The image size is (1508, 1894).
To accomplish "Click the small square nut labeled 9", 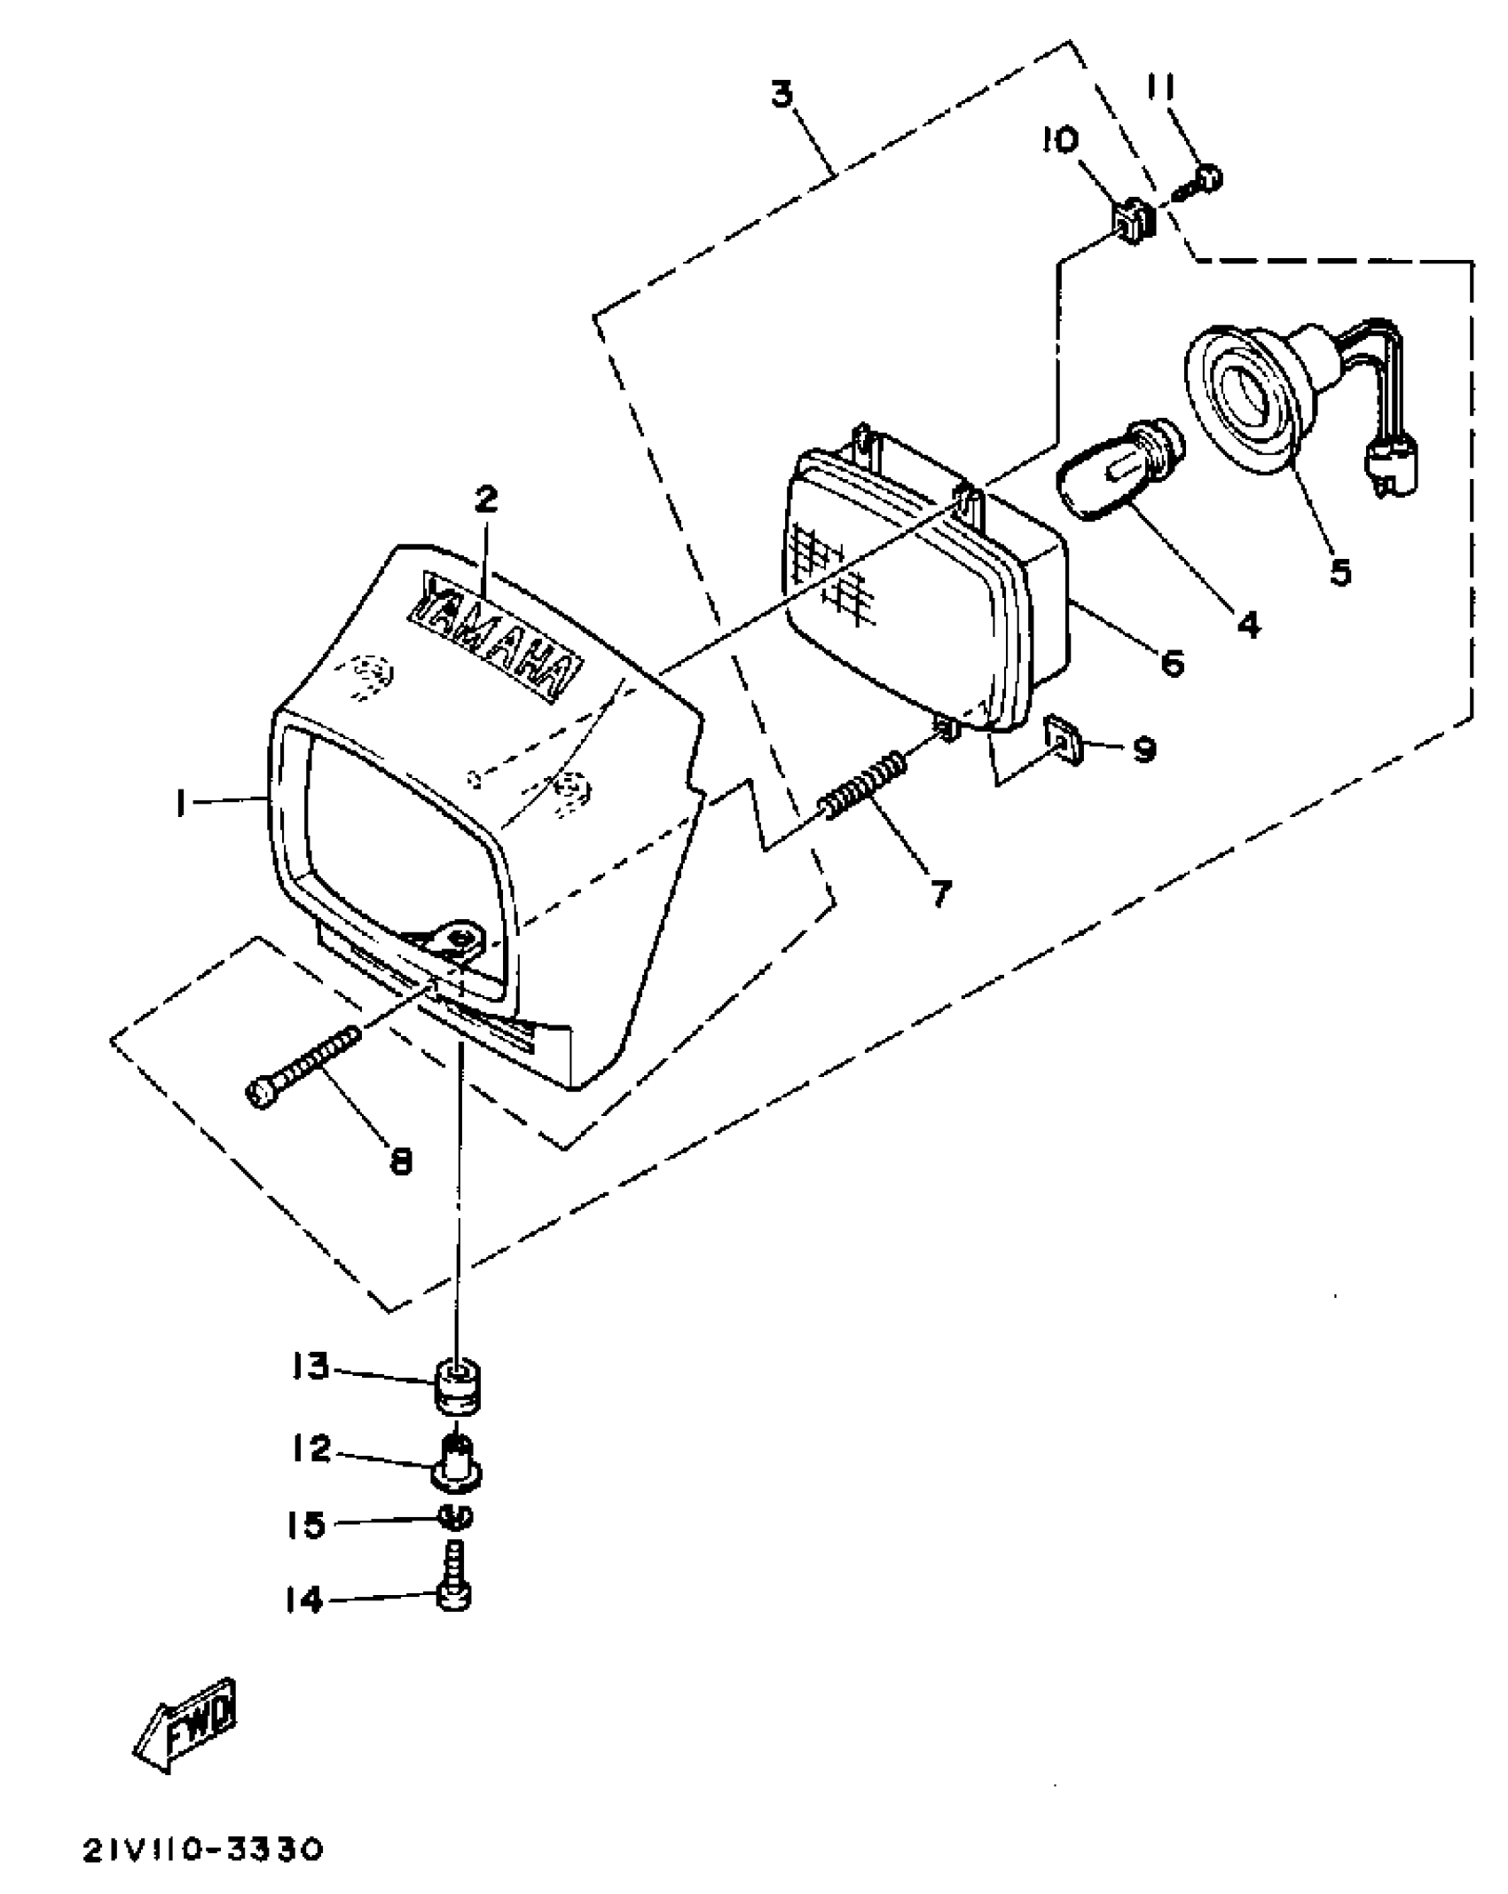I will [1062, 735].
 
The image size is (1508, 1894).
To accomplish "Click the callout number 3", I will [781, 93].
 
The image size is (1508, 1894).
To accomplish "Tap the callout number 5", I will [1339, 572].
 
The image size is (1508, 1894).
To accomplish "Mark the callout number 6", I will [1173, 661].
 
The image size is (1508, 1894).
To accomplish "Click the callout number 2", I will [485, 499].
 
